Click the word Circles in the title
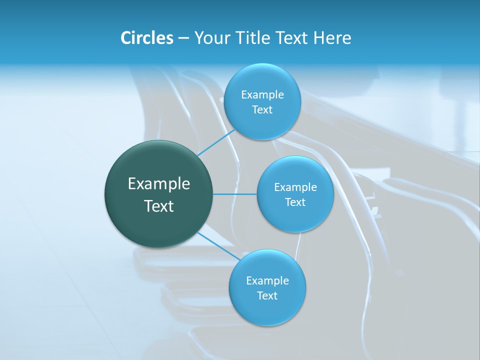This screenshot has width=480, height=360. [x=146, y=38]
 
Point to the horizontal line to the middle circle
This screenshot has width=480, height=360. [x=235, y=194]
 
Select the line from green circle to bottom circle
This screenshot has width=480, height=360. [x=218, y=246]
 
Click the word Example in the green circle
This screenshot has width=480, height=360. [x=159, y=184]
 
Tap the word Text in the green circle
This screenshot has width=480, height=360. [x=159, y=206]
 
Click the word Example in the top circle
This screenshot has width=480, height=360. [x=262, y=95]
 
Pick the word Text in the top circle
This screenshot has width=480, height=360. [x=262, y=110]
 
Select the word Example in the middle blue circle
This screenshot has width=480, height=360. [x=295, y=187]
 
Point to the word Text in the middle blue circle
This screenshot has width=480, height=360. [x=295, y=202]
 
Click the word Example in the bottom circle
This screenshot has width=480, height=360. [x=267, y=281]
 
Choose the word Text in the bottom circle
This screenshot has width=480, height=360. [x=267, y=296]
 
